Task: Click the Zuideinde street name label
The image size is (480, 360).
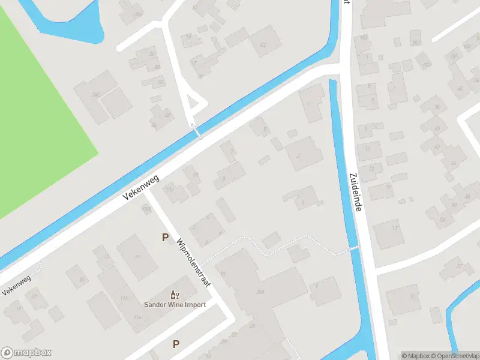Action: pos(355,191)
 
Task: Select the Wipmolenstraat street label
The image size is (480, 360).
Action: pos(193,263)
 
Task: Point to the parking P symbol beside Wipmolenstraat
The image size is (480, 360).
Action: pos(165,238)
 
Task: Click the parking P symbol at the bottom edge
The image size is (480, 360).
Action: pos(176,344)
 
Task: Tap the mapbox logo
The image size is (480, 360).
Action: pos(26,353)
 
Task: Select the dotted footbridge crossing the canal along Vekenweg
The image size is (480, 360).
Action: pos(196,130)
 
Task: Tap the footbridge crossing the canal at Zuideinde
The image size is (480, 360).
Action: pos(354,249)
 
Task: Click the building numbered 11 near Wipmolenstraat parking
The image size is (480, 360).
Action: pos(137,256)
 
